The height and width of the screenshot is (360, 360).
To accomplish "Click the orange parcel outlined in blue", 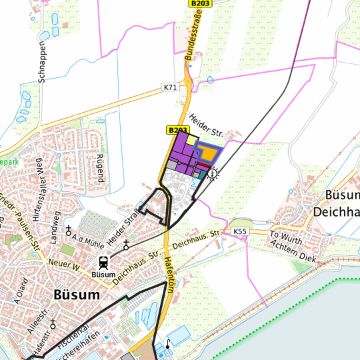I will coord(209,153).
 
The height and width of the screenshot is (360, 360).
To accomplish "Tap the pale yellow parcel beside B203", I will coord(191,140).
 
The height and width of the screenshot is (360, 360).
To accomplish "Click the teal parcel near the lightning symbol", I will coord(202,174).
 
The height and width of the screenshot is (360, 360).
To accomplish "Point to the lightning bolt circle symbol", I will coord(213,175).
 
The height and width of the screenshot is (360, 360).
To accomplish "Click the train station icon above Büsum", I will coord(104,262).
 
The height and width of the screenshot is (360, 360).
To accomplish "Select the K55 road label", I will coord(240,231).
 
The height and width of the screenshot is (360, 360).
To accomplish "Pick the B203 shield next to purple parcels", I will coord(177,129).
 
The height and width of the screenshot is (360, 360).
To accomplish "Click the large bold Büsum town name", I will coord(77,294).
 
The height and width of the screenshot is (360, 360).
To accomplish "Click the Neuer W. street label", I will coord(64,265).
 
